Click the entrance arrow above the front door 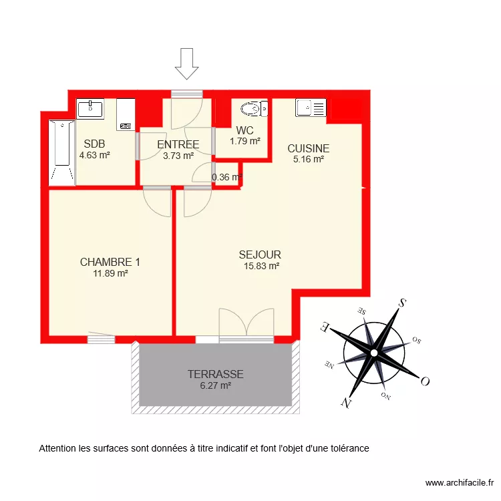click(x=187, y=63)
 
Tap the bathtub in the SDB click(x=61, y=152)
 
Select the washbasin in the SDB click(x=90, y=109)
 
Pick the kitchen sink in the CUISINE click(x=311, y=108)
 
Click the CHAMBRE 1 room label click(x=110, y=262)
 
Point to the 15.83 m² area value click(x=261, y=265)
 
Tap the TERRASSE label click(x=215, y=374)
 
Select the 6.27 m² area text click(x=215, y=385)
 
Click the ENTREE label click(x=178, y=144)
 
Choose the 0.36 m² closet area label click(x=226, y=178)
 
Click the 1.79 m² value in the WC click(x=244, y=141)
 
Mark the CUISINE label click(x=308, y=148)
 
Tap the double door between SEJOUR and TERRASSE click(x=246, y=324)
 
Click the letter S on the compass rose click(x=403, y=303)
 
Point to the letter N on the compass click(x=345, y=401)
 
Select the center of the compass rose click(x=374, y=352)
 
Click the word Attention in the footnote click(x=57, y=448)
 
